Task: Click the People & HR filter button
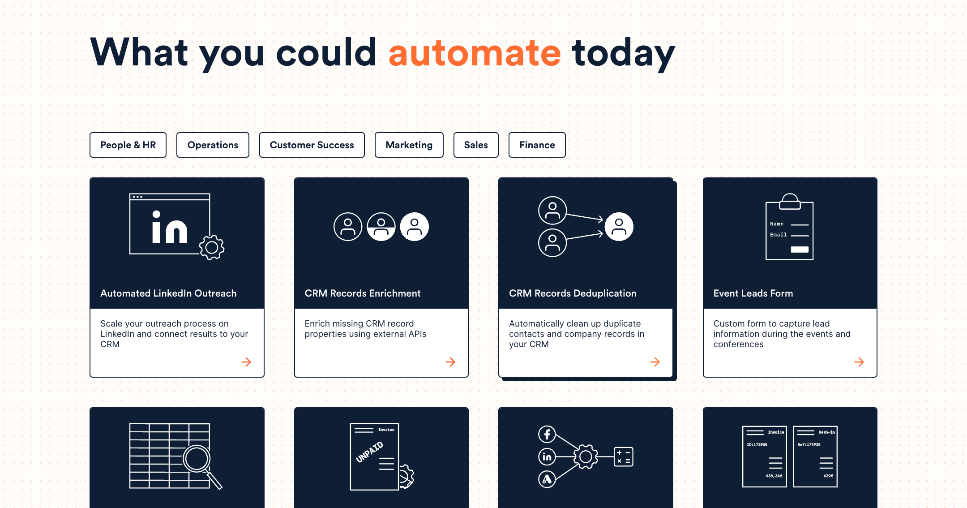click(128, 145)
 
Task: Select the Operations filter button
click(213, 145)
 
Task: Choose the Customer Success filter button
click(312, 145)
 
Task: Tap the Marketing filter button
click(409, 145)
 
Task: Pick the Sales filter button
click(476, 145)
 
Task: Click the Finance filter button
click(537, 145)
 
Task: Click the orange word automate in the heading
click(475, 53)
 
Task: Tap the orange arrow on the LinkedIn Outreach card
click(246, 362)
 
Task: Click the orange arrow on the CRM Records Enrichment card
click(450, 362)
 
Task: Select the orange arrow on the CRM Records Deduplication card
click(655, 362)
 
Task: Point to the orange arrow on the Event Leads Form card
click(859, 362)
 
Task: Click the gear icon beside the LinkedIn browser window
click(212, 247)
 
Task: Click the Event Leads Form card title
click(753, 293)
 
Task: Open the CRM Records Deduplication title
click(573, 293)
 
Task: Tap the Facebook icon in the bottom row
click(547, 434)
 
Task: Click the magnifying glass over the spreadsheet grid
click(197, 459)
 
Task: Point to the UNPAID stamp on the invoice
click(369, 452)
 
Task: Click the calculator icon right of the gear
click(623, 456)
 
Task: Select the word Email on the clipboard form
click(778, 235)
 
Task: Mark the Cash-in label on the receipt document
click(826, 432)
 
